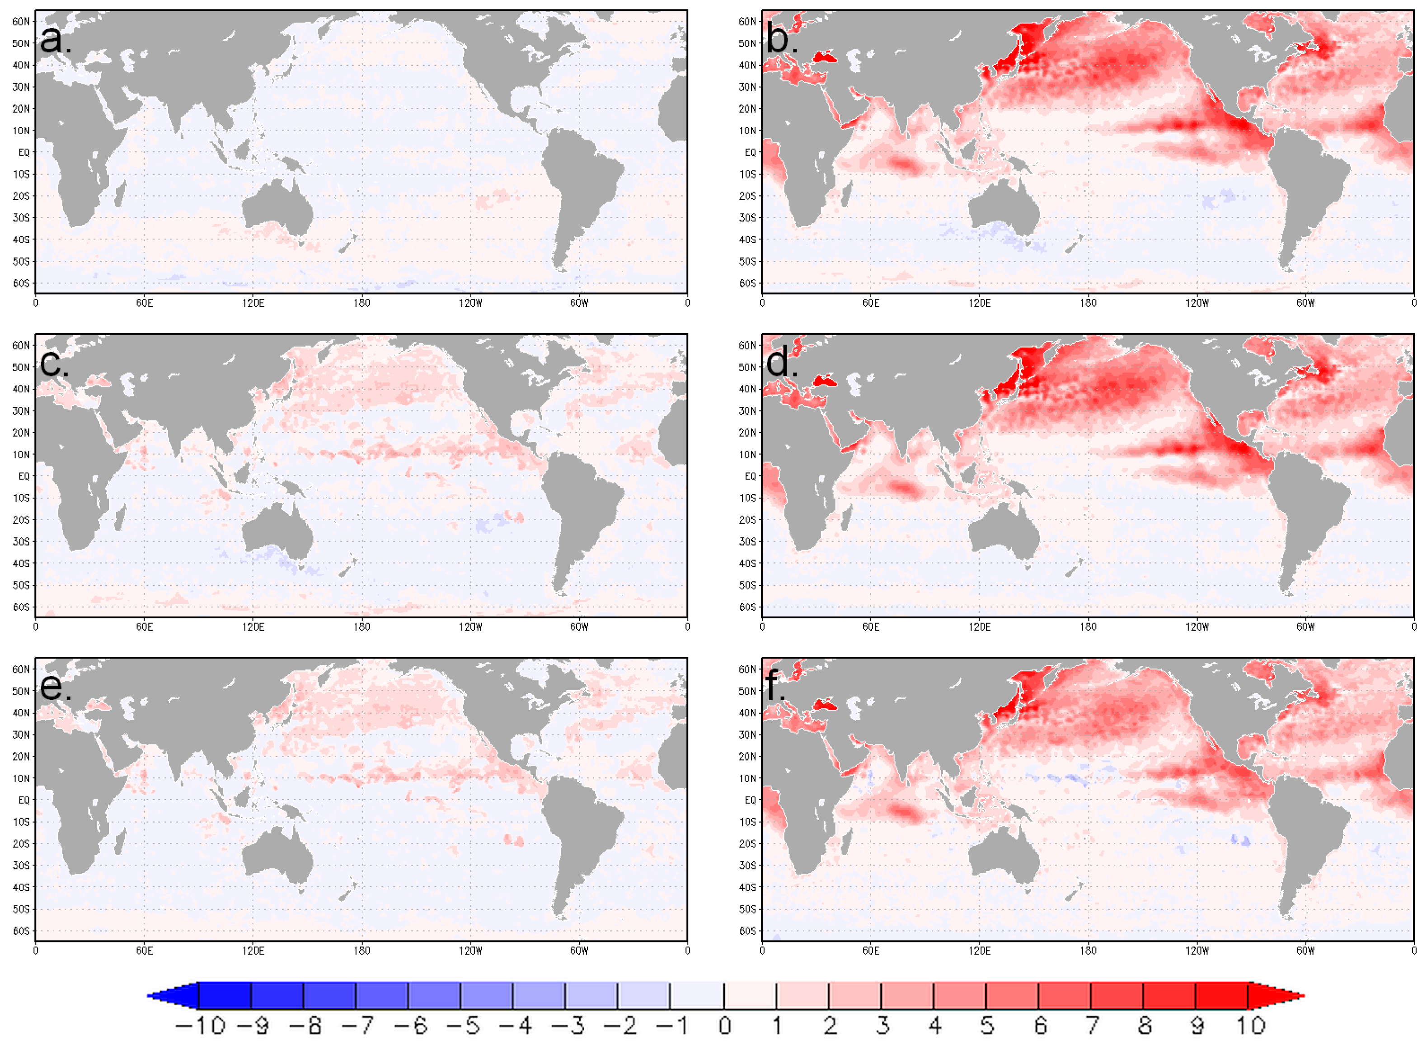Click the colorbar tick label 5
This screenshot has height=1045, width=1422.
986,1025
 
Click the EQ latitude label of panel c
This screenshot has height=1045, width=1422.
23,475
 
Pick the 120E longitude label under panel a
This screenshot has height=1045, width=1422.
253,303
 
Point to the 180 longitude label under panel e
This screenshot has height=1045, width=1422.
361,950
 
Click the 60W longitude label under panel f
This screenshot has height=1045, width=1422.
1305,950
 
